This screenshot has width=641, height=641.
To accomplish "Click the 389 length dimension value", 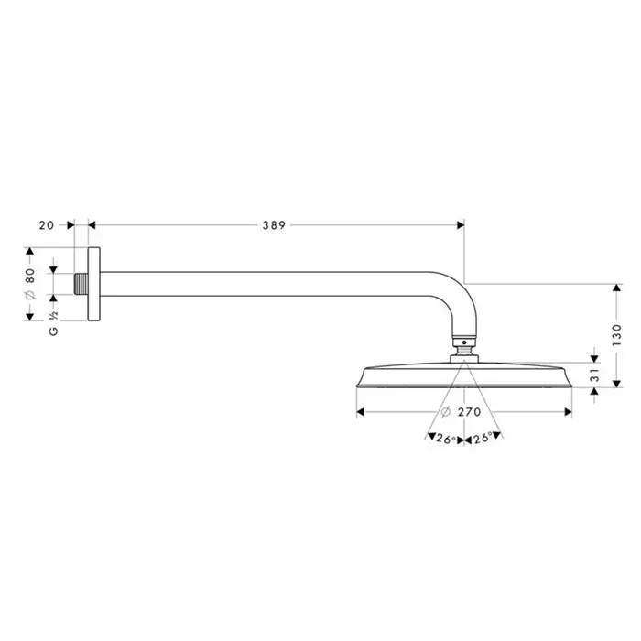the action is point(274,225).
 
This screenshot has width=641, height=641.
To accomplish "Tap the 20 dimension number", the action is point(46,225).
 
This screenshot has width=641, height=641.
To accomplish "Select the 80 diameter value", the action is point(30,276).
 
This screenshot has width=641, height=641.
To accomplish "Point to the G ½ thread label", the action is point(53,324).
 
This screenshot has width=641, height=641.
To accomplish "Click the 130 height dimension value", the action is point(616,335).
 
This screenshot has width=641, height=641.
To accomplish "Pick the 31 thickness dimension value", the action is point(595,375).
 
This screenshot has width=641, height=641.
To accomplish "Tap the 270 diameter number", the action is point(469,412).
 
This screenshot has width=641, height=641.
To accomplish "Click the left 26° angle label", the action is point(446,439).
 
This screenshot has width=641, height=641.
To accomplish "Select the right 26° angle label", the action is point(483,439).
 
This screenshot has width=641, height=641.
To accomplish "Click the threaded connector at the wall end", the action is point(81,284).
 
